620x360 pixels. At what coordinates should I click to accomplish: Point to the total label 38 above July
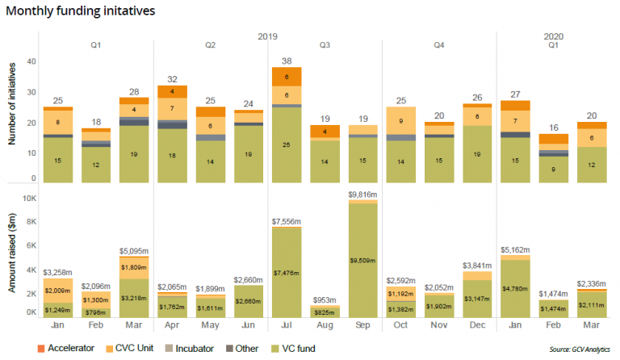click(287, 61)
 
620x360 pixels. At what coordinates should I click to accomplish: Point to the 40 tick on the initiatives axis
click(31, 62)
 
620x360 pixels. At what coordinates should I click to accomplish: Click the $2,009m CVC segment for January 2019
click(58, 291)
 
